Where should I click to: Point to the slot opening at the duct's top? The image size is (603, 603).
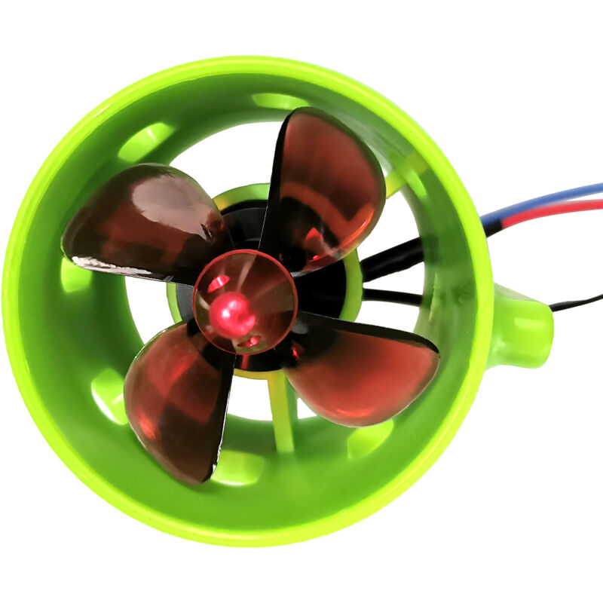279,101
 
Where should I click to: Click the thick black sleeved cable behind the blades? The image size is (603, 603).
392,260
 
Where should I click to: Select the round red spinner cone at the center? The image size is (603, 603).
245,301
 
